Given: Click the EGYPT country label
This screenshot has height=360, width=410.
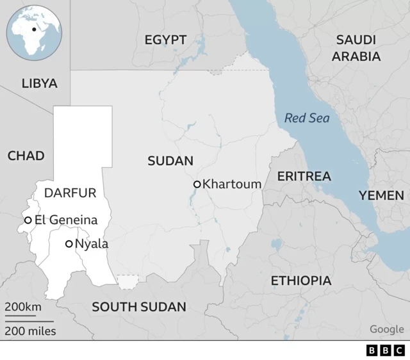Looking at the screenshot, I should [x=165, y=40].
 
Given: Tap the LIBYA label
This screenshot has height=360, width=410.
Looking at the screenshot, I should [x=39, y=83].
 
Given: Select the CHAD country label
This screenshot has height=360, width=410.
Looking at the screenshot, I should [x=26, y=156].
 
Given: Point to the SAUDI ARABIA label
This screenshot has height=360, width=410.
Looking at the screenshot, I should [x=357, y=48].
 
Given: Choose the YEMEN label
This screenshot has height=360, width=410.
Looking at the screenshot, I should [x=381, y=195].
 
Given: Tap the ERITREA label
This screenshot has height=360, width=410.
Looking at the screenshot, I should [x=304, y=176].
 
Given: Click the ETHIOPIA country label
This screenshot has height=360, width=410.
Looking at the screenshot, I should [x=301, y=281].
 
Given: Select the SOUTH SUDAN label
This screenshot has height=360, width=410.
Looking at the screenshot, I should [x=139, y=307].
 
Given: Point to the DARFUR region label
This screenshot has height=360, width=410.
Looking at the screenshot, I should [x=70, y=193].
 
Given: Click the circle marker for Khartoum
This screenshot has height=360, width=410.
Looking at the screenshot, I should [x=197, y=184].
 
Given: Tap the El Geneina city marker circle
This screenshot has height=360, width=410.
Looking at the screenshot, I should [x=28, y=220].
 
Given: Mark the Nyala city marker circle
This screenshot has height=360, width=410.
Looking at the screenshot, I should [x=69, y=243].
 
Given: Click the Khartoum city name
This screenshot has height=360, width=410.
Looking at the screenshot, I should [x=232, y=184].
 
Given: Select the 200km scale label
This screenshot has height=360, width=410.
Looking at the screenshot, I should [x=23, y=307].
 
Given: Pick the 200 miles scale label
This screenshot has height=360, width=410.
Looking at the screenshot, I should [x=30, y=331].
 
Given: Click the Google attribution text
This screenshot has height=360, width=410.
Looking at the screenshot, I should [x=386, y=329].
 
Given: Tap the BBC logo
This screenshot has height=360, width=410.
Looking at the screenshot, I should [x=386, y=350].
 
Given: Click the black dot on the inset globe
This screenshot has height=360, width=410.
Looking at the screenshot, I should [x=33, y=29].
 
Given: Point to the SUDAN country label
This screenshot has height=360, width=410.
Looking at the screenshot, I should [x=170, y=161].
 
